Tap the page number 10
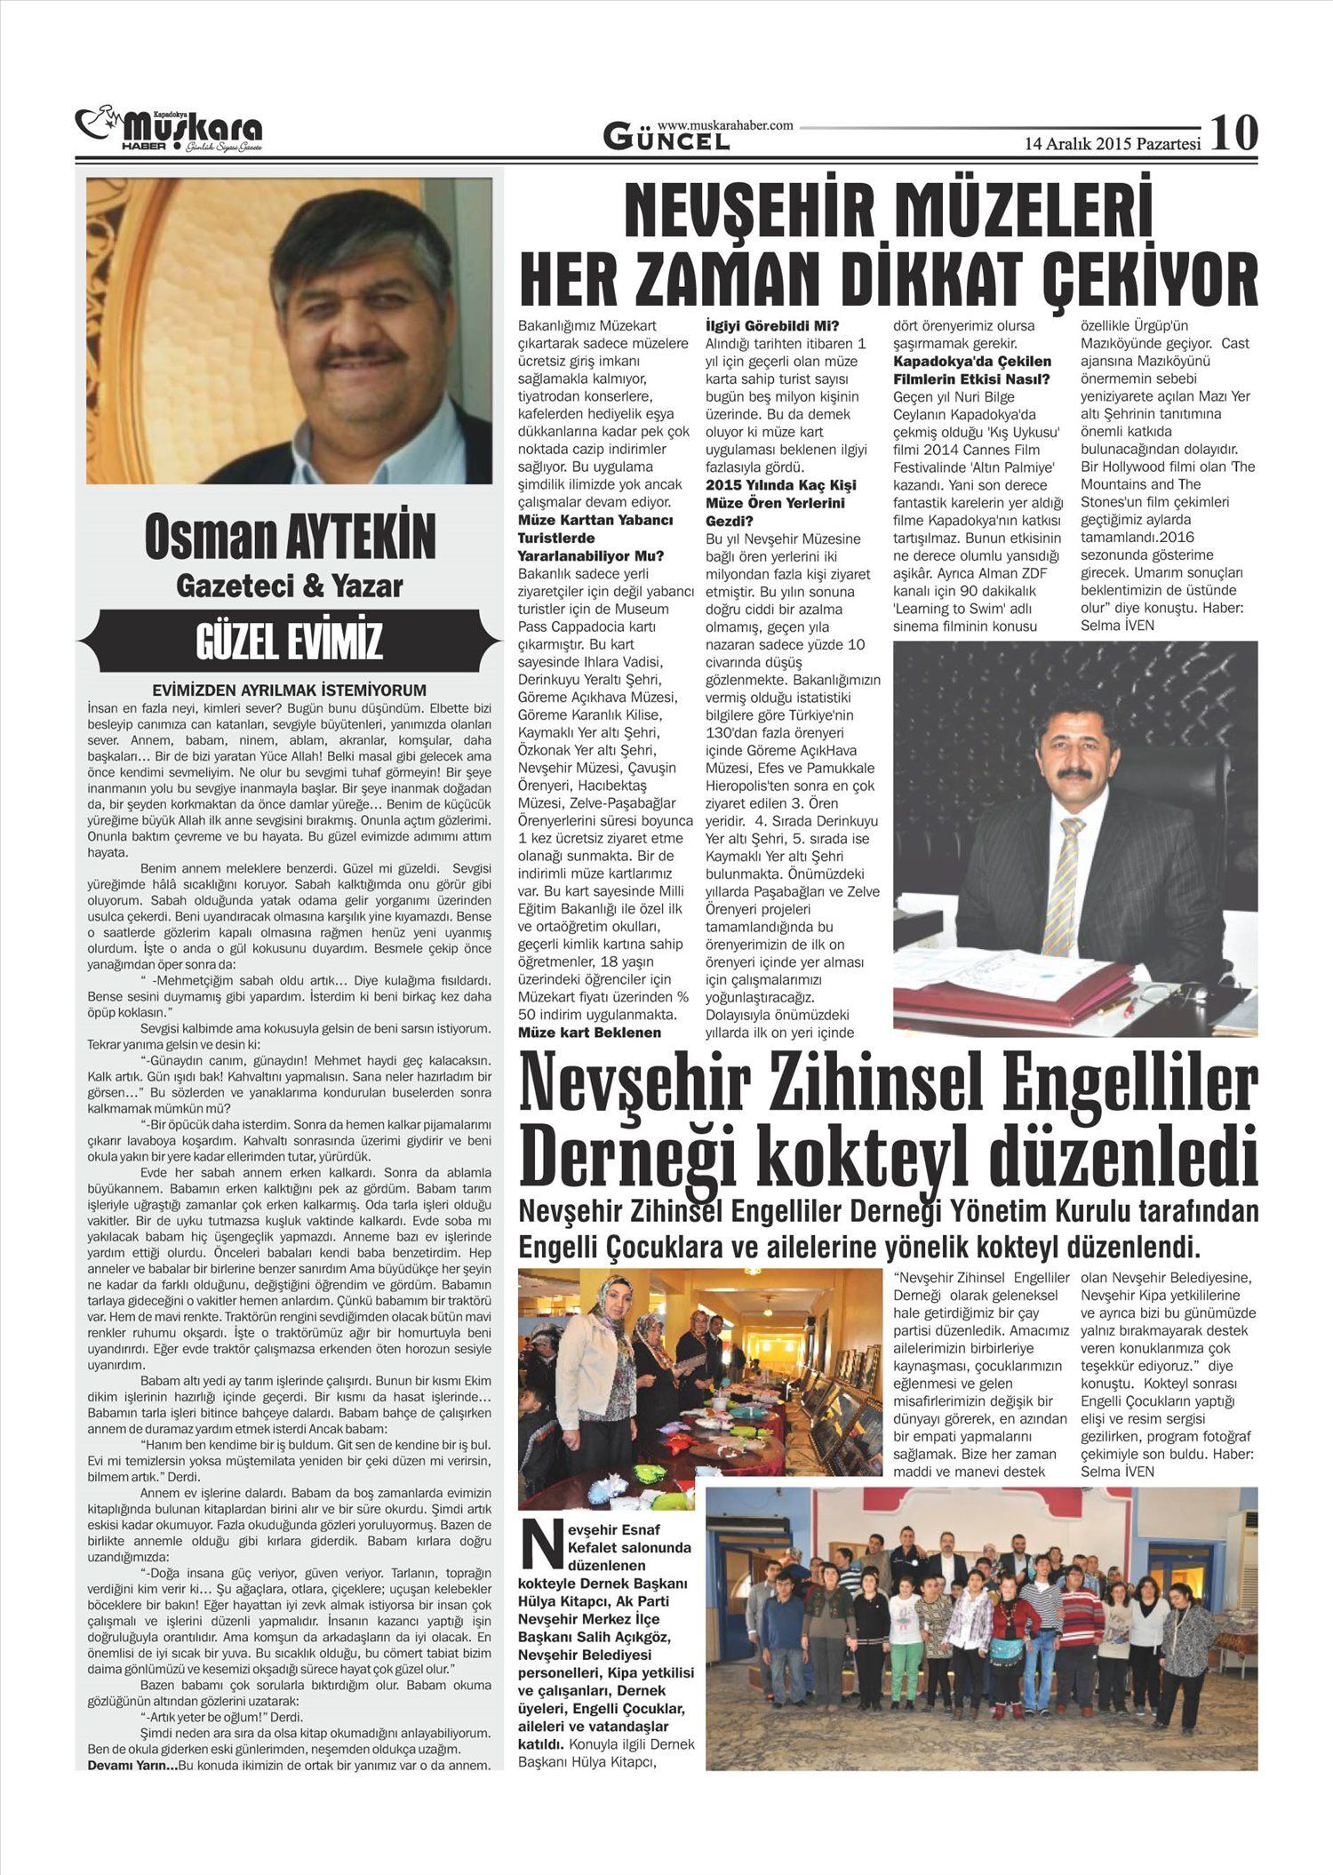(1234, 133)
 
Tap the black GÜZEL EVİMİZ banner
(290, 640)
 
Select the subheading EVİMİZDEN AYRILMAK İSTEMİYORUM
(290, 690)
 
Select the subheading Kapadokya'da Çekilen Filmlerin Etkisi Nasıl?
(972, 371)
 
